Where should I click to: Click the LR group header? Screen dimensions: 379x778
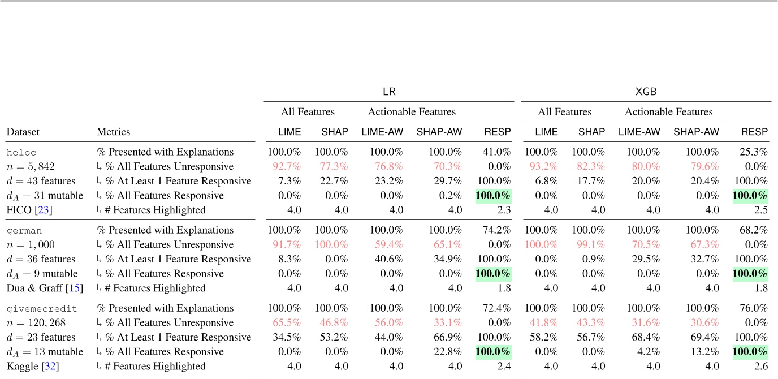pos(388,91)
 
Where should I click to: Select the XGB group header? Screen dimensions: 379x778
pos(646,91)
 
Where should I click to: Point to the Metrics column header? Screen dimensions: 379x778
pos(113,132)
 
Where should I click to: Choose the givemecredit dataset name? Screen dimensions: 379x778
pos(41,308)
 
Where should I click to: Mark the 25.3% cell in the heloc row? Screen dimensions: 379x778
pos(755,152)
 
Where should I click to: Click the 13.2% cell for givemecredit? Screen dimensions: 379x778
pos(697,352)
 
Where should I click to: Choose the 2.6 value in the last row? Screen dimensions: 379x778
pos(762,366)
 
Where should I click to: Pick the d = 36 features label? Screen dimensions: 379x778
pos(41,259)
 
